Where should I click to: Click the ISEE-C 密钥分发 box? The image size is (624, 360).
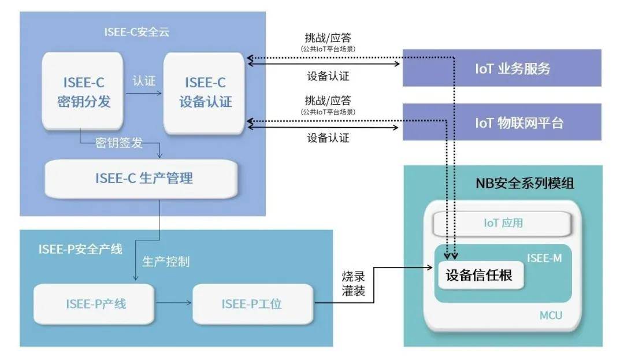click(83, 92)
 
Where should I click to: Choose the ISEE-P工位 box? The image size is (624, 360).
click(252, 303)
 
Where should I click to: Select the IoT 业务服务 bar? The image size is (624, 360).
click(502, 69)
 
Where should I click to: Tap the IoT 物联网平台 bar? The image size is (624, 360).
click(502, 123)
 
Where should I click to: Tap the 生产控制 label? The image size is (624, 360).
click(166, 261)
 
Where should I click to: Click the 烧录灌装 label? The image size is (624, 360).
click(351, 284)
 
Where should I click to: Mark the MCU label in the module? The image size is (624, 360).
click(551, 316)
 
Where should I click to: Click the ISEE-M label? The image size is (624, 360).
click(544, 258)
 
